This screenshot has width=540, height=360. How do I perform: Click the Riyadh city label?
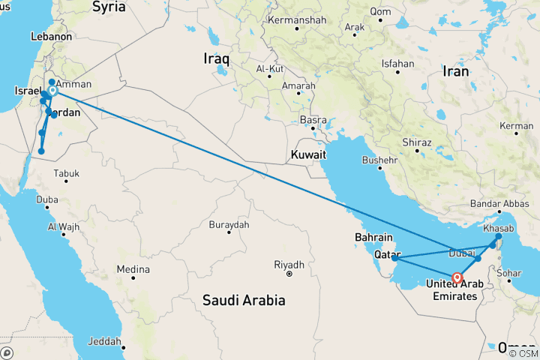coord(289,265)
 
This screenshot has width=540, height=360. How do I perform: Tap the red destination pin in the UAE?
coord(457,277)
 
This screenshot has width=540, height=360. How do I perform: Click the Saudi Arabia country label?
coord(244,300)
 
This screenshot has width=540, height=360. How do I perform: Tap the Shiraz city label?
coord(416,142)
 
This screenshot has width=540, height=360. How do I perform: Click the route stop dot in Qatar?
coord(394,259)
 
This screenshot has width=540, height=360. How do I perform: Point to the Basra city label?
coord(312,120)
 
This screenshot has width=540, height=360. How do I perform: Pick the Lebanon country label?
coord(51,36)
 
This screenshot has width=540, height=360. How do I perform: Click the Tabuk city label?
coord(66,173)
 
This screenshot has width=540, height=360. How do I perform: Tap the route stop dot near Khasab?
coord(499,236)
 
